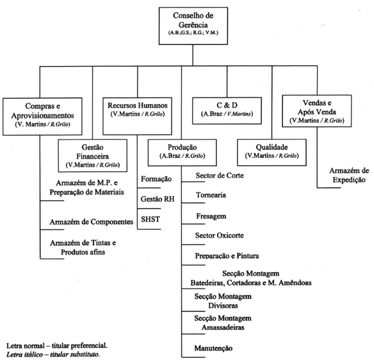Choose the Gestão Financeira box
click(x=92, y=154)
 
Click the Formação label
click(x=156, y=179)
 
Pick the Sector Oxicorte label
click(x=221, y=236)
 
